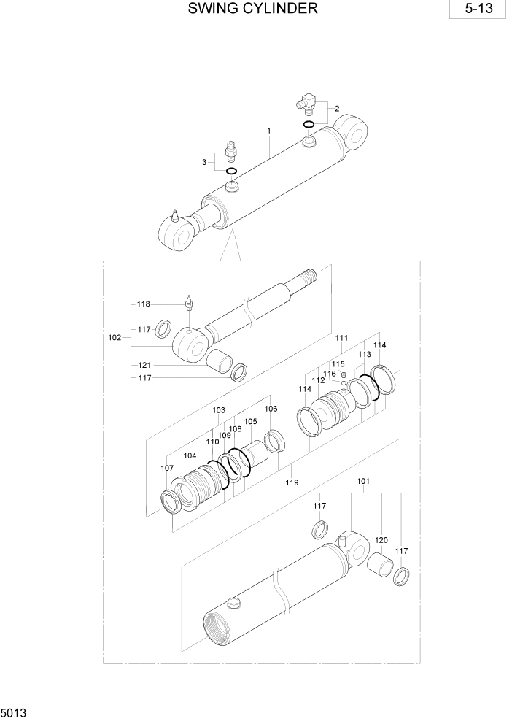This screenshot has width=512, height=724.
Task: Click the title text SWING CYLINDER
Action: click(x=252, y=9)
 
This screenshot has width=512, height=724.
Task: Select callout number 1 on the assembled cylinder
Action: click(x=269, y=131)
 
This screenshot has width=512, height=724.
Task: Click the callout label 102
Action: click(x=115, y=338)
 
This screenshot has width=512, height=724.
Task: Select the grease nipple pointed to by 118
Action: click(x=189, y=301)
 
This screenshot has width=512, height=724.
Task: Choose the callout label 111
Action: click(x=342, y=338)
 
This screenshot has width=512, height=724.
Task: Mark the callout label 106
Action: click(x=271, y=409)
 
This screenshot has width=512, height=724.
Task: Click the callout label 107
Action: click(x=167, y=468)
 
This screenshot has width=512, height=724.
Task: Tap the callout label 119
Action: click(x=292, y=482)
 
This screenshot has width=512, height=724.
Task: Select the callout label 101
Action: click(x=363, y=481)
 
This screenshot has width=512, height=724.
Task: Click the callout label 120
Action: click(x=381, y=539)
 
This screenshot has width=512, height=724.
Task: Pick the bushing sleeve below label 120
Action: click(x=379, y=566)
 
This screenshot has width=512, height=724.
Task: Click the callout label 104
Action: click(x=190, y=455)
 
